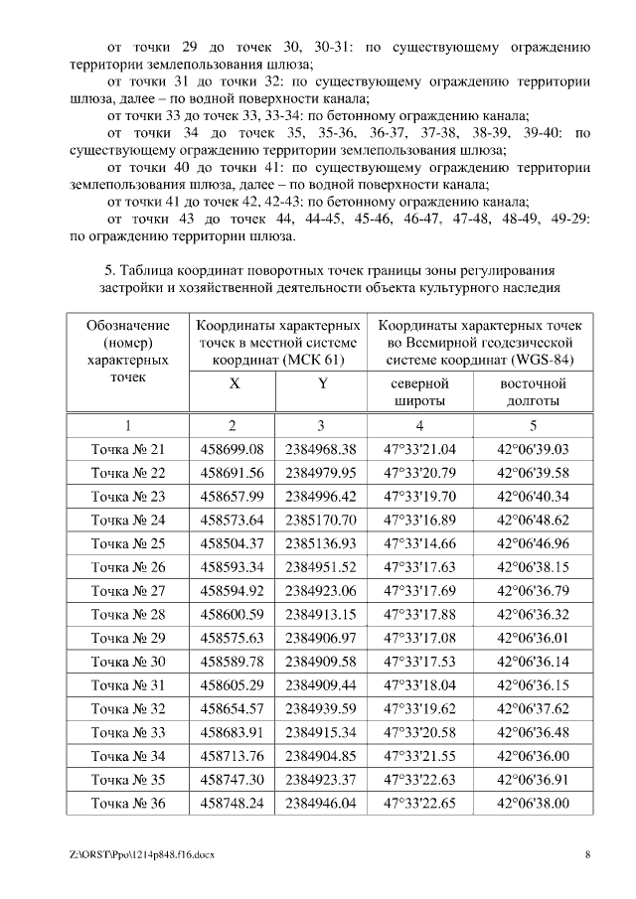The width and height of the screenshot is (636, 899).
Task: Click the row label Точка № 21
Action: point(127,449)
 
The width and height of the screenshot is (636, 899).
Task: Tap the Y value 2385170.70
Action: point(320,520)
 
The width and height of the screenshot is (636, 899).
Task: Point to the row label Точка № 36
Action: point(127,804)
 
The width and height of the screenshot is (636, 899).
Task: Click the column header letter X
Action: point(234,383)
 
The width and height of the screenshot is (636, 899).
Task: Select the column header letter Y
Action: point(321,383)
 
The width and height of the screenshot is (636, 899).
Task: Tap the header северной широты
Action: point(420,391)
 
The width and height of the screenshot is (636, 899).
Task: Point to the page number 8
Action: point(588,854)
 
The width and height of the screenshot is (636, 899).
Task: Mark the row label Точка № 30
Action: point(127,662)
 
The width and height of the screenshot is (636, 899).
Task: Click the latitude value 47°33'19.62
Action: point(419,709)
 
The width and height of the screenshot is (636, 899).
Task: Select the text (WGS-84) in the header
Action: point(542,359)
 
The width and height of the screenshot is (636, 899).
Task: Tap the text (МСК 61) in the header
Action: point(314,359)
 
